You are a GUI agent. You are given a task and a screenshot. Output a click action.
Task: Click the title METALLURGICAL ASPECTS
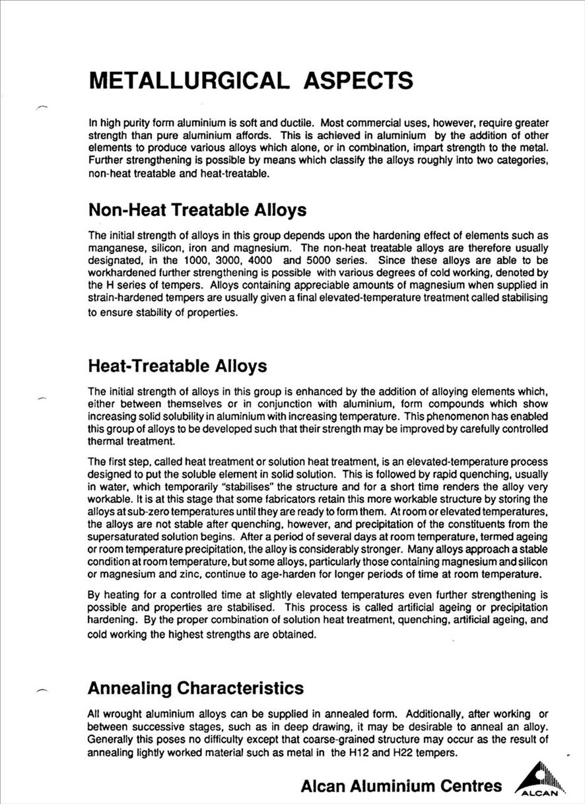point(251,81)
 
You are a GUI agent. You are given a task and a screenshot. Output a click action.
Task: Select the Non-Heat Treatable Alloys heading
point(197,210)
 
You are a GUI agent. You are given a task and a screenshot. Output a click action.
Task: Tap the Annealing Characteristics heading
point(195,688)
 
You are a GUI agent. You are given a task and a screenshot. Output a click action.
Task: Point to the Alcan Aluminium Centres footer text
point(401,786)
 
